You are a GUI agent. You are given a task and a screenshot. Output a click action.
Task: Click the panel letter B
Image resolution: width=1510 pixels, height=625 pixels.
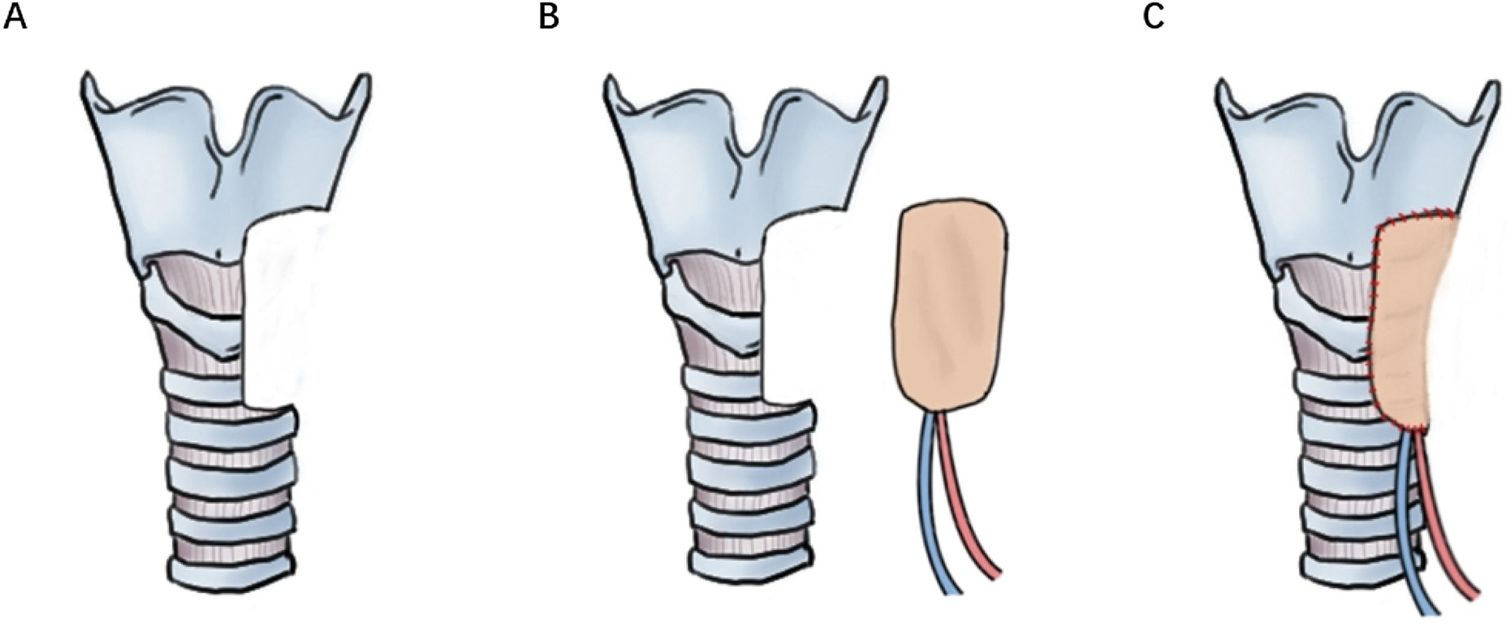tap(548, 18)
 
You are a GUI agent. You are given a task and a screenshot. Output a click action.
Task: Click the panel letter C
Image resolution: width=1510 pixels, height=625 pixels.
tap(1153, 18)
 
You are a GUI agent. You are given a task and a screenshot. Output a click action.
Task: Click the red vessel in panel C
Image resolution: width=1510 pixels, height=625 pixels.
tap(1445, 541)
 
